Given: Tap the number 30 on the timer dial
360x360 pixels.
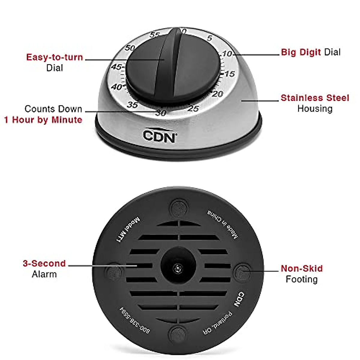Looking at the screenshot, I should [x=161, y=113].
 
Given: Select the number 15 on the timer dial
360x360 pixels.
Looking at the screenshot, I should [x=229, y=74].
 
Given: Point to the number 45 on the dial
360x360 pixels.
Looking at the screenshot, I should [x=116, y=67].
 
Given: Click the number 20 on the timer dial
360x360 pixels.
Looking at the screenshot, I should [x=217, y=94].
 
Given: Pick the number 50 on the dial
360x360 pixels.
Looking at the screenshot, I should [x=130, y=48].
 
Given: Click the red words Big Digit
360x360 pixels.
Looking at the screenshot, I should [x=301, y=52].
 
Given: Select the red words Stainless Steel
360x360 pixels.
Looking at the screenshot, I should [x=315, y=98].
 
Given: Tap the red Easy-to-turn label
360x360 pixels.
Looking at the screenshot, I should [x=54, y=57].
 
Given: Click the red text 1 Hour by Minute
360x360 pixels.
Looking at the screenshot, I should [x=43, y=120].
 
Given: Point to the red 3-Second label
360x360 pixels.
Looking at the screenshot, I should [x=44, y=263].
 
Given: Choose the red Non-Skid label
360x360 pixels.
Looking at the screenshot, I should [x=301, y=268].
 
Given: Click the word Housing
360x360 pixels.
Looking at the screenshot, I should [x=315, y=109].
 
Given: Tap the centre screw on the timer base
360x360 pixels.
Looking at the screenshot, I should [x=178, y=268].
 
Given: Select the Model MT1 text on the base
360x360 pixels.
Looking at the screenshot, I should [x=128, y=229].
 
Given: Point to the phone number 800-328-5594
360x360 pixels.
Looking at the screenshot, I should [x=135, y=320].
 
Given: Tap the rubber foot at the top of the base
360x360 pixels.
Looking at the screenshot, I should [x=178, y=207].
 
